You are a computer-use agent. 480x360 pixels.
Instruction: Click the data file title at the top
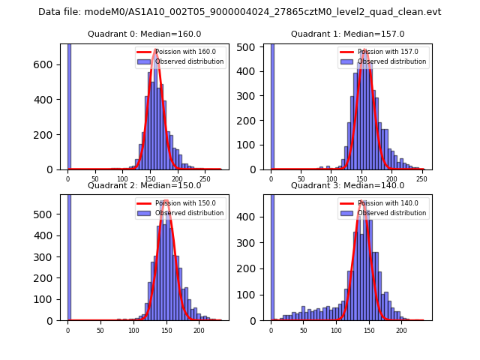[x=240, y=12]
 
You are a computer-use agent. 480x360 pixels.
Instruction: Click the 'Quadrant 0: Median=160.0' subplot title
[x=145, y=34]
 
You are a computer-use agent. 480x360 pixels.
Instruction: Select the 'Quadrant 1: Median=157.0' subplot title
[x=347, y=34]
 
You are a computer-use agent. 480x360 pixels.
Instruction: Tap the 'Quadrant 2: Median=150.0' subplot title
[x=145, y=185]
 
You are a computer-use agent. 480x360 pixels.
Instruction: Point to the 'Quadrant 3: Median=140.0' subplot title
[x=347, y=185]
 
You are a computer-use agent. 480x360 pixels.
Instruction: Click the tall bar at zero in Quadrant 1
[x=271, y=105]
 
